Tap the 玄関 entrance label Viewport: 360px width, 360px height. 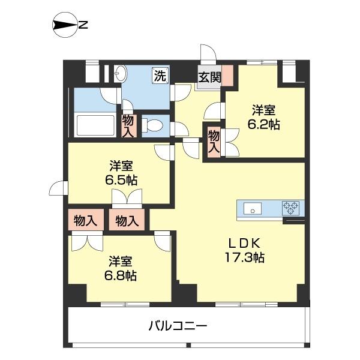click(x=209, y=77)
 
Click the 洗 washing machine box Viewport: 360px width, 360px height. click(x=160, y=76)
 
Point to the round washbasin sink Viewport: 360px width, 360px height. click(x=121, y=74)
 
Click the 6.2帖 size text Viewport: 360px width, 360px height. click(x=264, y=125)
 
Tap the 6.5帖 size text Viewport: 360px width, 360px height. click(x=121, y=179)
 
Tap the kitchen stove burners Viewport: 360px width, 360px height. click(x=292, y=209)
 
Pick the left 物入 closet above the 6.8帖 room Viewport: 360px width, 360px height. click(x=85, y=220)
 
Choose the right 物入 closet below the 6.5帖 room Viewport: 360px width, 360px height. click(x=127, y=220)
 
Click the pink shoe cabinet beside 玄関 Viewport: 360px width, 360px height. click(x=227, y=76)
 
